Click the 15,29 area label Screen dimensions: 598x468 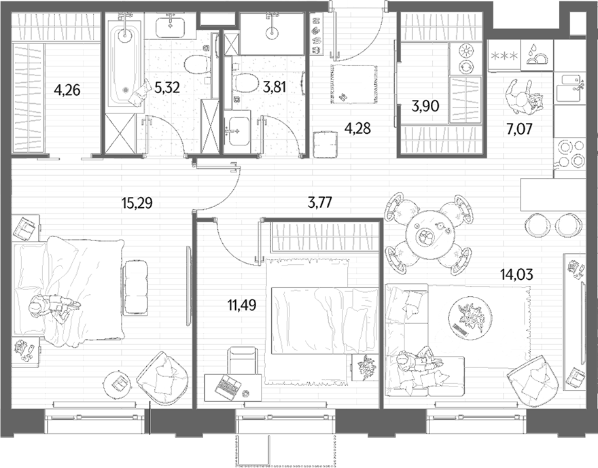(137, 203)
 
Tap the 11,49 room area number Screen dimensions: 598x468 (242, 305)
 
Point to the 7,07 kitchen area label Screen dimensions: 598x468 (519, 129)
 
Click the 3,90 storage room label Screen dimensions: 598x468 (425, 106)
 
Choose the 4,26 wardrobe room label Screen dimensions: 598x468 (67, 90)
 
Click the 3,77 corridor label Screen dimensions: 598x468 (319, 202)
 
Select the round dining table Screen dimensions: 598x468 (428, 235)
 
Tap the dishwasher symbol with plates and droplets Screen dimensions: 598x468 (537, 54)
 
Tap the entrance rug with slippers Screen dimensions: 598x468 (354, 84)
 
